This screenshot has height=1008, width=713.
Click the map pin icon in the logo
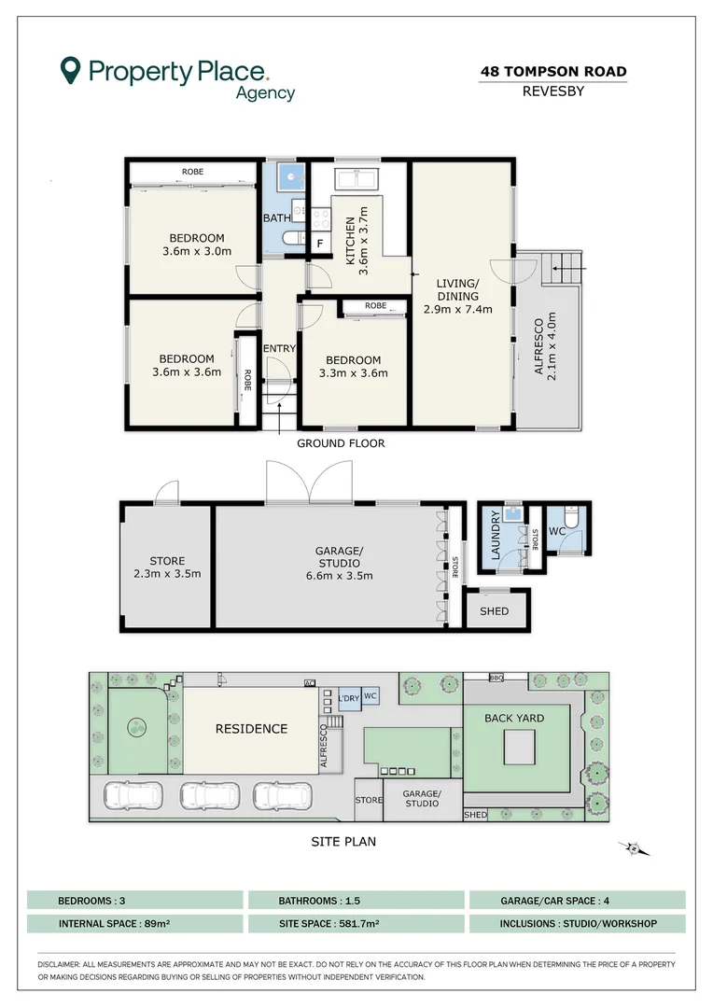[x=70, y=70]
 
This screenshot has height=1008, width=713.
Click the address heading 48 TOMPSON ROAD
[x=553, y=71]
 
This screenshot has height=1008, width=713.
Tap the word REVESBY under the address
[x=552, y=91]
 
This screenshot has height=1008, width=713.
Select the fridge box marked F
[x=320, y=244]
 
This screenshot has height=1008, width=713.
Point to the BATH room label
[x=276, y=217]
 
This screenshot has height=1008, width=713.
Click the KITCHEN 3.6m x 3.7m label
[x=356, y=241]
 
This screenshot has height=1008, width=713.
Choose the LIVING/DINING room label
[x=458, y=296]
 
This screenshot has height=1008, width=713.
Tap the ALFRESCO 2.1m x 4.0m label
[x=545, y=346]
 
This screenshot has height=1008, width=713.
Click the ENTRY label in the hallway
[x=279, y=348]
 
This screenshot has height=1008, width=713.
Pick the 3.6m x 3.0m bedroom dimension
[x=197, y=251]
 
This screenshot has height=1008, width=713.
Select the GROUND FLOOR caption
[x=341, y=443]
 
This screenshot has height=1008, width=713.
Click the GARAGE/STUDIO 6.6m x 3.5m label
[x=340, y=563]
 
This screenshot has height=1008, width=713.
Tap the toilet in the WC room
[x=571, y=516]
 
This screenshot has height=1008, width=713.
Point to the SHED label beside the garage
[x=495, y=610]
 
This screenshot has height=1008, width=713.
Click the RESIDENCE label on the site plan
[x=251, y=728]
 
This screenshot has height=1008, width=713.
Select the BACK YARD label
[x=514, y=718]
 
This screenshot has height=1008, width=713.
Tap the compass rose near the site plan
[x=634, y=849]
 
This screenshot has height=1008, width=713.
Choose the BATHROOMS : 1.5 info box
[x=356, y=900]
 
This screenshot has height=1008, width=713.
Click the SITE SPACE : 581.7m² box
[x=356, y=924]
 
